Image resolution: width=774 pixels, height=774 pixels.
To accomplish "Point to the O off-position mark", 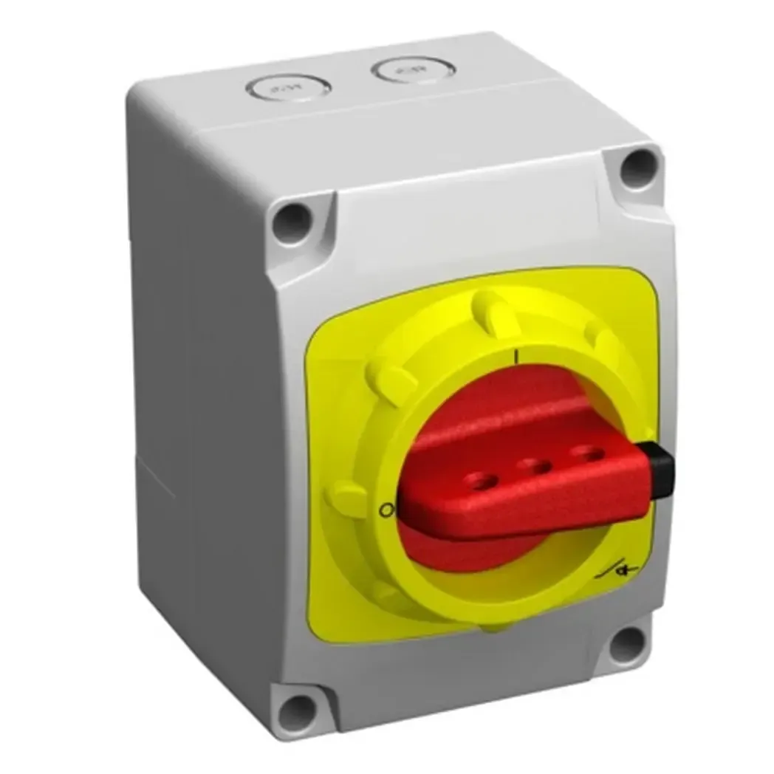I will click(x=384, y=510).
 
